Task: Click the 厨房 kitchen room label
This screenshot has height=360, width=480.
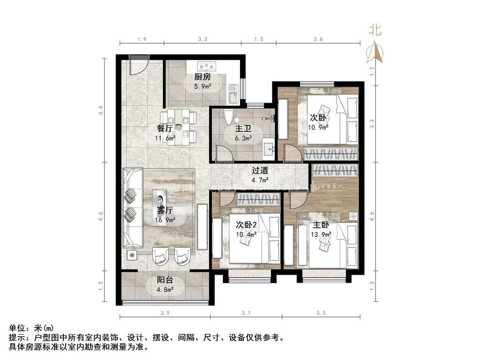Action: click(202, 77)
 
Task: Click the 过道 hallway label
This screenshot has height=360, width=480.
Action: click(260, 171)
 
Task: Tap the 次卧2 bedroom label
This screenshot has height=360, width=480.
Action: click(247, 225)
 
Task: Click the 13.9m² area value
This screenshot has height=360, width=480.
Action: click(322, 234)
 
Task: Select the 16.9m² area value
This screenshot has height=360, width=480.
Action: click(165, 219)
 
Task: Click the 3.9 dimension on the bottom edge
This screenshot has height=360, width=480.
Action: click(164, 313)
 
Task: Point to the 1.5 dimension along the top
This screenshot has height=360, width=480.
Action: click(258, 39)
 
